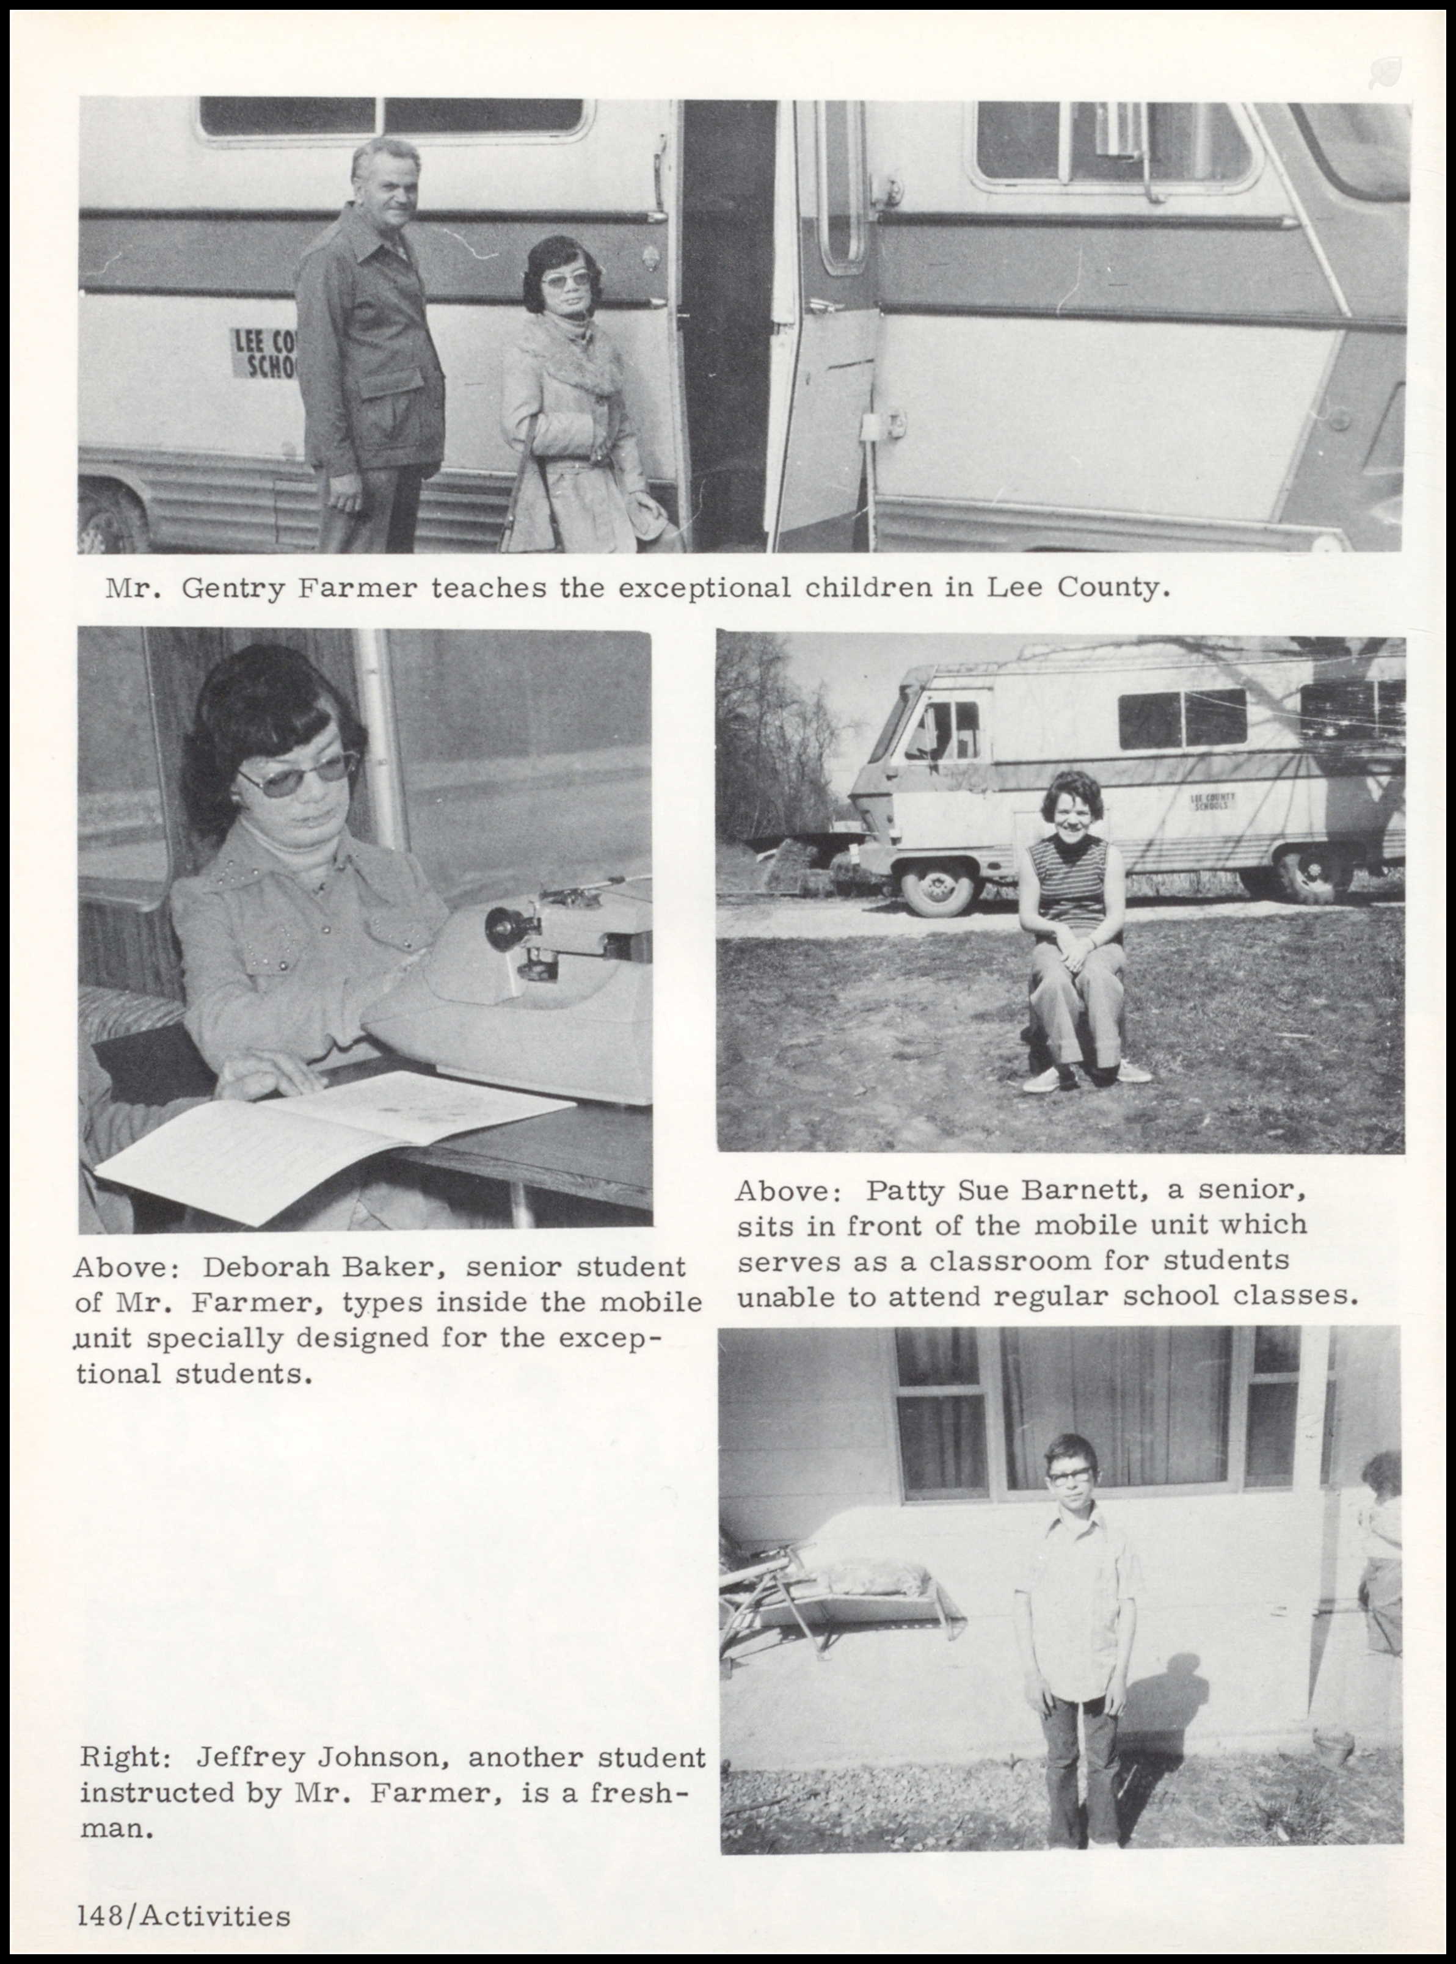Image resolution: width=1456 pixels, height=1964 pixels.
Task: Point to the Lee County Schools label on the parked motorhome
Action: (x=1214, y=801)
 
